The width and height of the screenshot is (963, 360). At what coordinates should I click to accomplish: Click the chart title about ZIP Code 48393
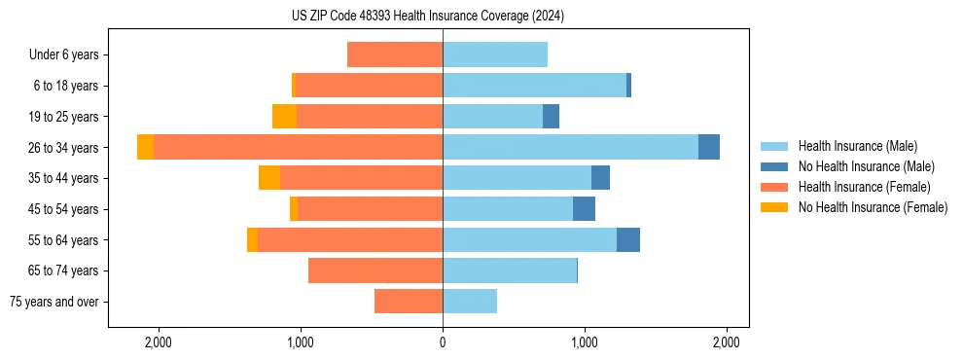427,17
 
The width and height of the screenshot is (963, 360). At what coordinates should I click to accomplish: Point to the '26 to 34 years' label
64,148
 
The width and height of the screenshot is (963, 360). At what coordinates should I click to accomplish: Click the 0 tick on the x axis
443,342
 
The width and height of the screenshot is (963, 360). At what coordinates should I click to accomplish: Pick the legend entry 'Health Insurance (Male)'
857,146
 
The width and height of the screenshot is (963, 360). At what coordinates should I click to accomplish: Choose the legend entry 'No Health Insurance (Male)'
866,166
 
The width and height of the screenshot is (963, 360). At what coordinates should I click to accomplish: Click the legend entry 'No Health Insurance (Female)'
873,207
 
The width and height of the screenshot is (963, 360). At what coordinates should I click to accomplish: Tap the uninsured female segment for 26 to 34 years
145,147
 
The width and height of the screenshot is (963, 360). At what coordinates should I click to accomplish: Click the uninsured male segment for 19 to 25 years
551,116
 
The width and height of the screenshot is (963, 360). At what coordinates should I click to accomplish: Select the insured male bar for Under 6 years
495,54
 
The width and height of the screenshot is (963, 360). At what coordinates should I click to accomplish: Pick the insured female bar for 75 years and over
409,302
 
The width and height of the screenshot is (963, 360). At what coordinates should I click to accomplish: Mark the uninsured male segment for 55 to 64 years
628,239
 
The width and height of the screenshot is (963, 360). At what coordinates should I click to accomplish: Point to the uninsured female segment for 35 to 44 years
269,178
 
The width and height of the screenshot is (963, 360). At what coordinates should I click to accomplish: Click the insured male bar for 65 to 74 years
510,270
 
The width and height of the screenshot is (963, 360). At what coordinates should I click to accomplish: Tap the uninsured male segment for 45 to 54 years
584,208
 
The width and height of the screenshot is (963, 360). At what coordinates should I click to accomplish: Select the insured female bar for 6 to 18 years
369,86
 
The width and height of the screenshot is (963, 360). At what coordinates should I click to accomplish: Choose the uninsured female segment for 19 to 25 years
284,116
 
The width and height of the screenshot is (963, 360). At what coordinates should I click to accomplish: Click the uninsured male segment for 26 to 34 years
709,147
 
